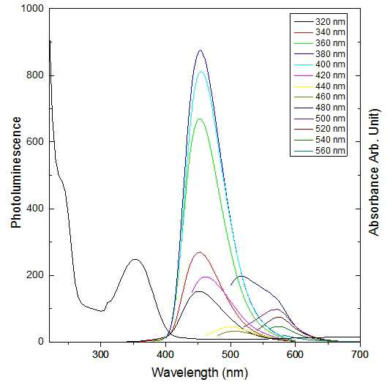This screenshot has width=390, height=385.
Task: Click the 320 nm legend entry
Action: (320, 22)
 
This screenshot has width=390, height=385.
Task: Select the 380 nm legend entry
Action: (320, 54)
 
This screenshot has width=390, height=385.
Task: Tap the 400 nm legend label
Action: (330, 64)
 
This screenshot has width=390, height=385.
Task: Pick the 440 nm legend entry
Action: (320, 86)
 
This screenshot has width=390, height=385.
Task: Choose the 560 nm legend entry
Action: (320, 151)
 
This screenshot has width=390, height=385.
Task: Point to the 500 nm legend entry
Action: (320, 119)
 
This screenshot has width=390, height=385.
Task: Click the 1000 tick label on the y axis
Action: (32, 9)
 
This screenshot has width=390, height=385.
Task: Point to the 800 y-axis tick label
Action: (35, 75)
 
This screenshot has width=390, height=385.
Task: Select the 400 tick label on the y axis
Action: (35, 209)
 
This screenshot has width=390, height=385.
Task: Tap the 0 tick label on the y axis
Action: (41, 341)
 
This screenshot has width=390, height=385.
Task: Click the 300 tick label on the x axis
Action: (100, 354)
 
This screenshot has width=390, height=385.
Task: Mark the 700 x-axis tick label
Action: (360, 354)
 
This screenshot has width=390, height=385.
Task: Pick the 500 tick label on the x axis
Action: (230, 354)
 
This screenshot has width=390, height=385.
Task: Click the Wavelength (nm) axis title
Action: (200, 373)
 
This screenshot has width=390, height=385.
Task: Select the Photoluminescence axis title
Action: (16, 173)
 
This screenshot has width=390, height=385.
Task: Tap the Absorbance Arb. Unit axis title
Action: (374, 173)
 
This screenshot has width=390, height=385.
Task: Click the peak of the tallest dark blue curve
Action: (200, 51)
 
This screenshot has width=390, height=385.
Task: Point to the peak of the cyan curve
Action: (201, 72)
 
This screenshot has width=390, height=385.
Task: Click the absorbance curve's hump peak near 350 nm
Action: (135, 259)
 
